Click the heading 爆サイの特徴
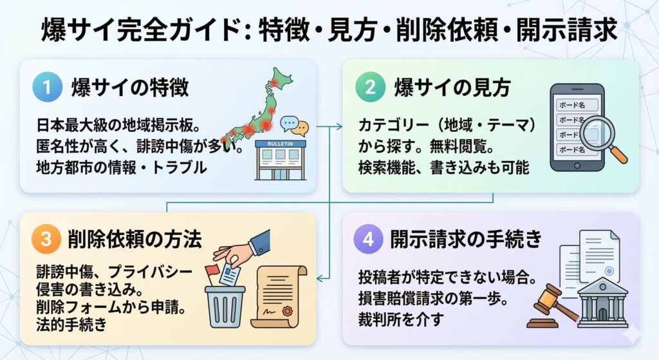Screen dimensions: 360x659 coord(129,87)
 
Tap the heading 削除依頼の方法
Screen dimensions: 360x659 coord(135,240)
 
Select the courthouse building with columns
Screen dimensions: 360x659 coord(602,303)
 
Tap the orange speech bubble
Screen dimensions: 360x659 coord(299,128)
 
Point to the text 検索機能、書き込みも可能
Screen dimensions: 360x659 coord(444,169)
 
